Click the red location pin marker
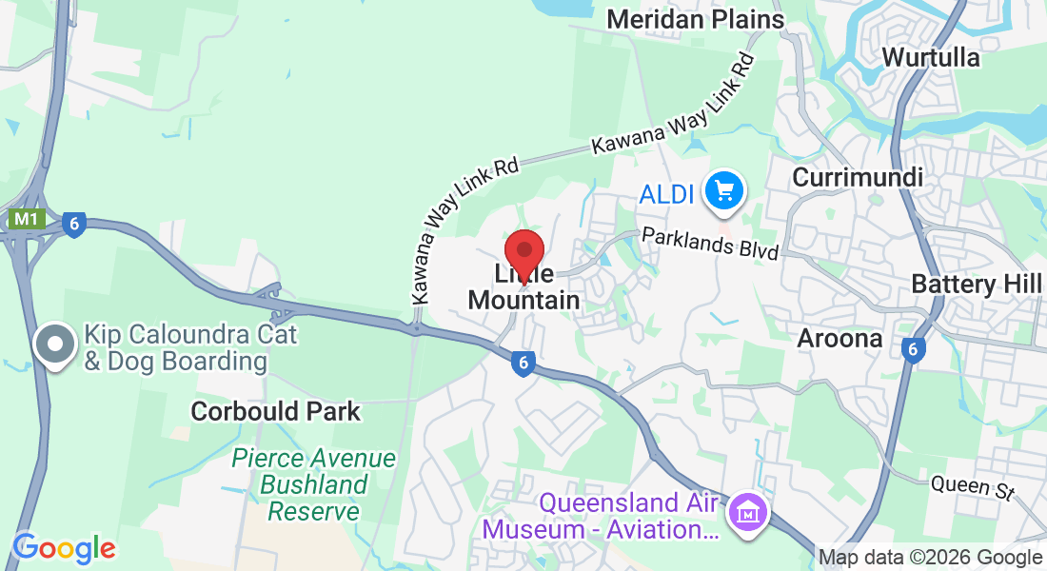523,252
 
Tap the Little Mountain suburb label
524,287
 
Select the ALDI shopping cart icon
724,192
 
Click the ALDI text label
666,195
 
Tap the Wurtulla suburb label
930,57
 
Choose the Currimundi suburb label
858,178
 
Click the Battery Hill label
977,284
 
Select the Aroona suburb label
840,338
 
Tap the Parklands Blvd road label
710,243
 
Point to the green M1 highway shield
26,220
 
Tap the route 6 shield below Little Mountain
522,363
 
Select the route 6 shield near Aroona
913,350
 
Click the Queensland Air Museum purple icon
748,514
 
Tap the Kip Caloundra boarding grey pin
54,345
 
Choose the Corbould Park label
275,411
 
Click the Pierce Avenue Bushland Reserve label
314,484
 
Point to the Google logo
64,547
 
